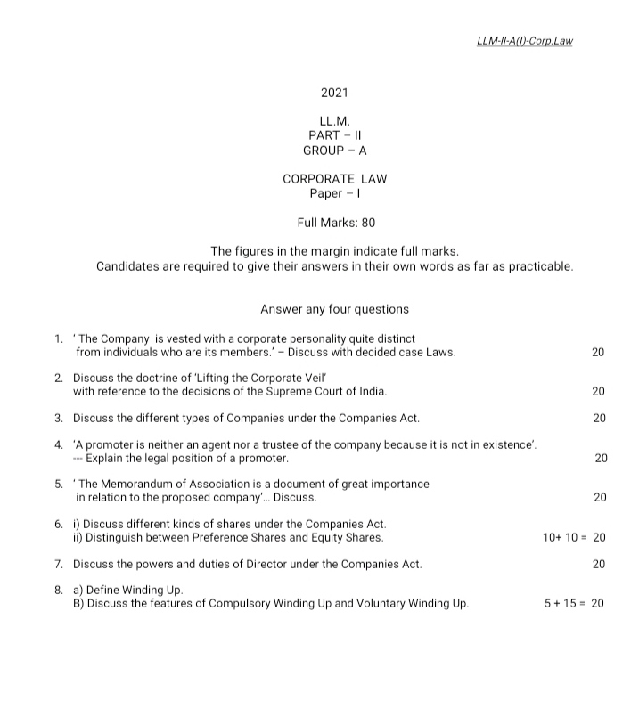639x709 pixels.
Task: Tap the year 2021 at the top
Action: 334,93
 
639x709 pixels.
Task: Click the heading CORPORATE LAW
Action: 334,179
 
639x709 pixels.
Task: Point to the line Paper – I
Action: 334,193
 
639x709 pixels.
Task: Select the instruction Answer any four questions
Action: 334,310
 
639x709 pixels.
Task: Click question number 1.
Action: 58,338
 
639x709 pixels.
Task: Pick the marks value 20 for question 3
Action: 599,418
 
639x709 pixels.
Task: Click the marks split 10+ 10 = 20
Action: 574,537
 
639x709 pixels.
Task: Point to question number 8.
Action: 58,590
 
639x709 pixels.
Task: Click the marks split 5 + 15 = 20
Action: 574,603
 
